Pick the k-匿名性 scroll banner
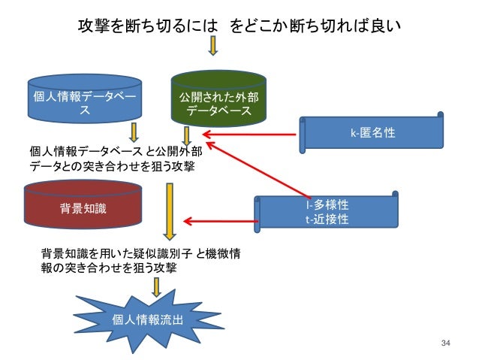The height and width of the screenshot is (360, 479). pyautogui.click(x=372, y=133)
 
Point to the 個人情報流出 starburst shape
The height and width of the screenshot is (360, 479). pyautogui.click(x=146, y=319)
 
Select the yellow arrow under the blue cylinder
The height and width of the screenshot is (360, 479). pyautogui.click(x=134, y=132)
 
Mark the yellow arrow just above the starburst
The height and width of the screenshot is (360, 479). pyautogui.click(x=157, y=286)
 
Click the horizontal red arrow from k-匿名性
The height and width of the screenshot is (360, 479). pyautogui.click(x=248, y=135)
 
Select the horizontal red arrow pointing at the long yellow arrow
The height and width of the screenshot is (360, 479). pyautogui.click(x=218, y=221)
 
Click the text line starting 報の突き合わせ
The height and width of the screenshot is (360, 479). pyautogui.click(x=109, y=267)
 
